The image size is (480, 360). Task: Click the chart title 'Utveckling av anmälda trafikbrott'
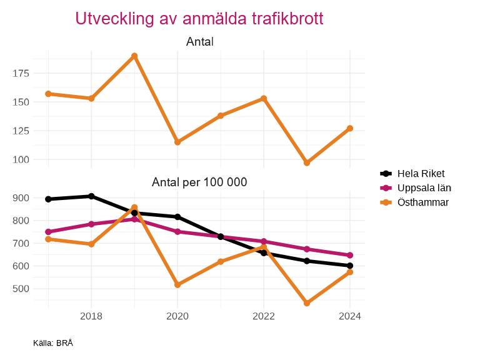199,19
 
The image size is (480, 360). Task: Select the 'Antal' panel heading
200,42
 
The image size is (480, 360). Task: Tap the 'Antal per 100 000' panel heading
200,182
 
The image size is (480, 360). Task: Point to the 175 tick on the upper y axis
21,73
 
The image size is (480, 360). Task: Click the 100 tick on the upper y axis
21,159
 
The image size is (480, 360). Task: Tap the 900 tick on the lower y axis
21,198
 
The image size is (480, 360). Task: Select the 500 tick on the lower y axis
21,289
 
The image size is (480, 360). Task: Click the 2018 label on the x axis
91,316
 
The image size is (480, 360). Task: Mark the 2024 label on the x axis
350,316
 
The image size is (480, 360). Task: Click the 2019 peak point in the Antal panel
134,56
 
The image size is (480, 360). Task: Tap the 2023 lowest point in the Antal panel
307,163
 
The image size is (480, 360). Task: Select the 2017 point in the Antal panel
48,94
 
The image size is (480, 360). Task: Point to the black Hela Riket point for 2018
91,196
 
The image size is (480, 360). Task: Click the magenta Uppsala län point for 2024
350,255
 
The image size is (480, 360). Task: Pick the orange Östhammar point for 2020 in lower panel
177,285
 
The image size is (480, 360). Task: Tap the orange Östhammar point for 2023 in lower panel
307,303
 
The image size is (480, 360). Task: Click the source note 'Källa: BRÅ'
53,343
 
